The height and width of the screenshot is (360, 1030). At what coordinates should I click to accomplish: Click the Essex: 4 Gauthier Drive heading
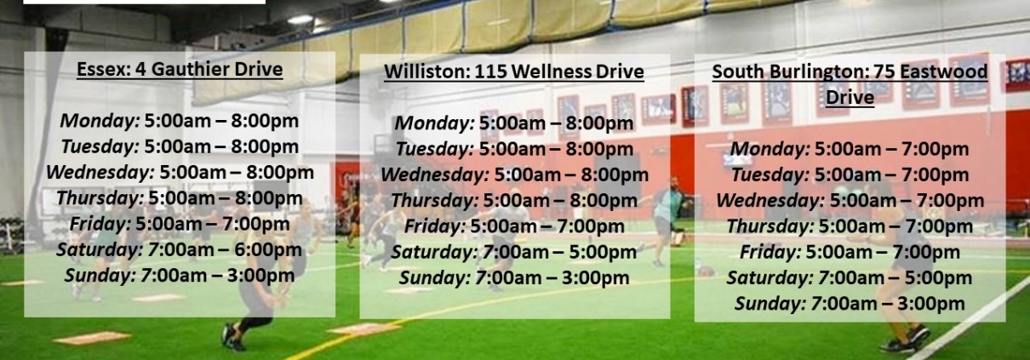click(180, 70)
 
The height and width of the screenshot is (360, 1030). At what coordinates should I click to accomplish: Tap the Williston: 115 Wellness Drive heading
click(514, 71)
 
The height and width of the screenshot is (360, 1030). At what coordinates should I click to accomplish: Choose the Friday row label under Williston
click(435, 226)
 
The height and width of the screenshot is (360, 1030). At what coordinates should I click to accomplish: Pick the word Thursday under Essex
click(100, 198)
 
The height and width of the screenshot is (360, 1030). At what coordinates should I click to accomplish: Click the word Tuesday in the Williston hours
click(434, 149)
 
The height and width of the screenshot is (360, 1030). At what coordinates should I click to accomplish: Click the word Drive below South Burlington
click(850, 98)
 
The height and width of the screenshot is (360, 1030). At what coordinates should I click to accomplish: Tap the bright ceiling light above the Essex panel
click(300, 20)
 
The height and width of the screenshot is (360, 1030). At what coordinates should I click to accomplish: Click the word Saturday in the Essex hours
click(100, 249)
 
